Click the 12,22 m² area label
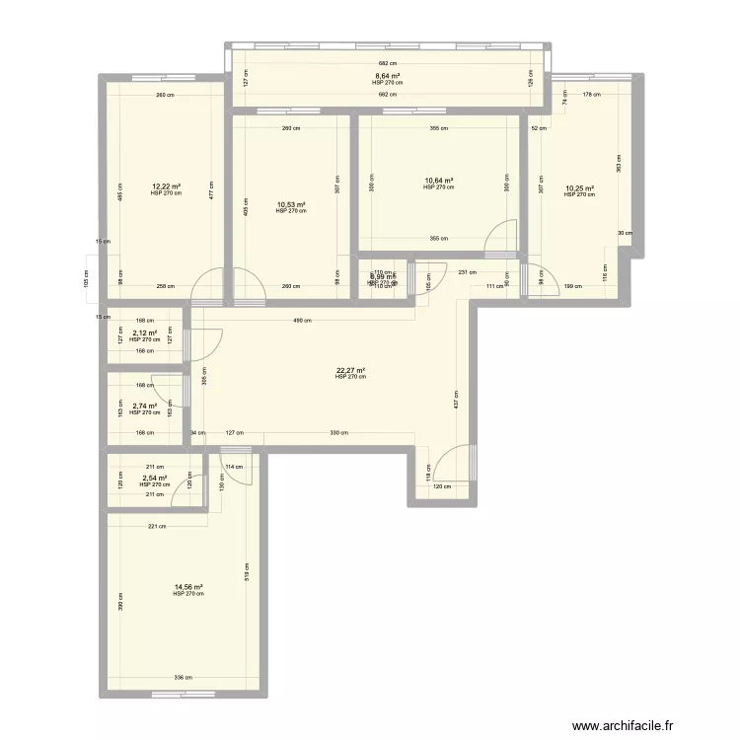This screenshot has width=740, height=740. (x=166, y=186)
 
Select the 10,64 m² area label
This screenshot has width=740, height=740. (x=438, y=181)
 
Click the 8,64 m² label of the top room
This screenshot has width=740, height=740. (x=387, y=76)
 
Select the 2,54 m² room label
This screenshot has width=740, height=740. (x=154, y=478)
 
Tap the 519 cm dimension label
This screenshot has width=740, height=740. (x=247, y=572)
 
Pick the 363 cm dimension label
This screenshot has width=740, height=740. (x=620, y=164)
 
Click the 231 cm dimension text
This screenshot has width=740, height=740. (x=468, y=272)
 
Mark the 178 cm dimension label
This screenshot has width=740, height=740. (x=589, y=96)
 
